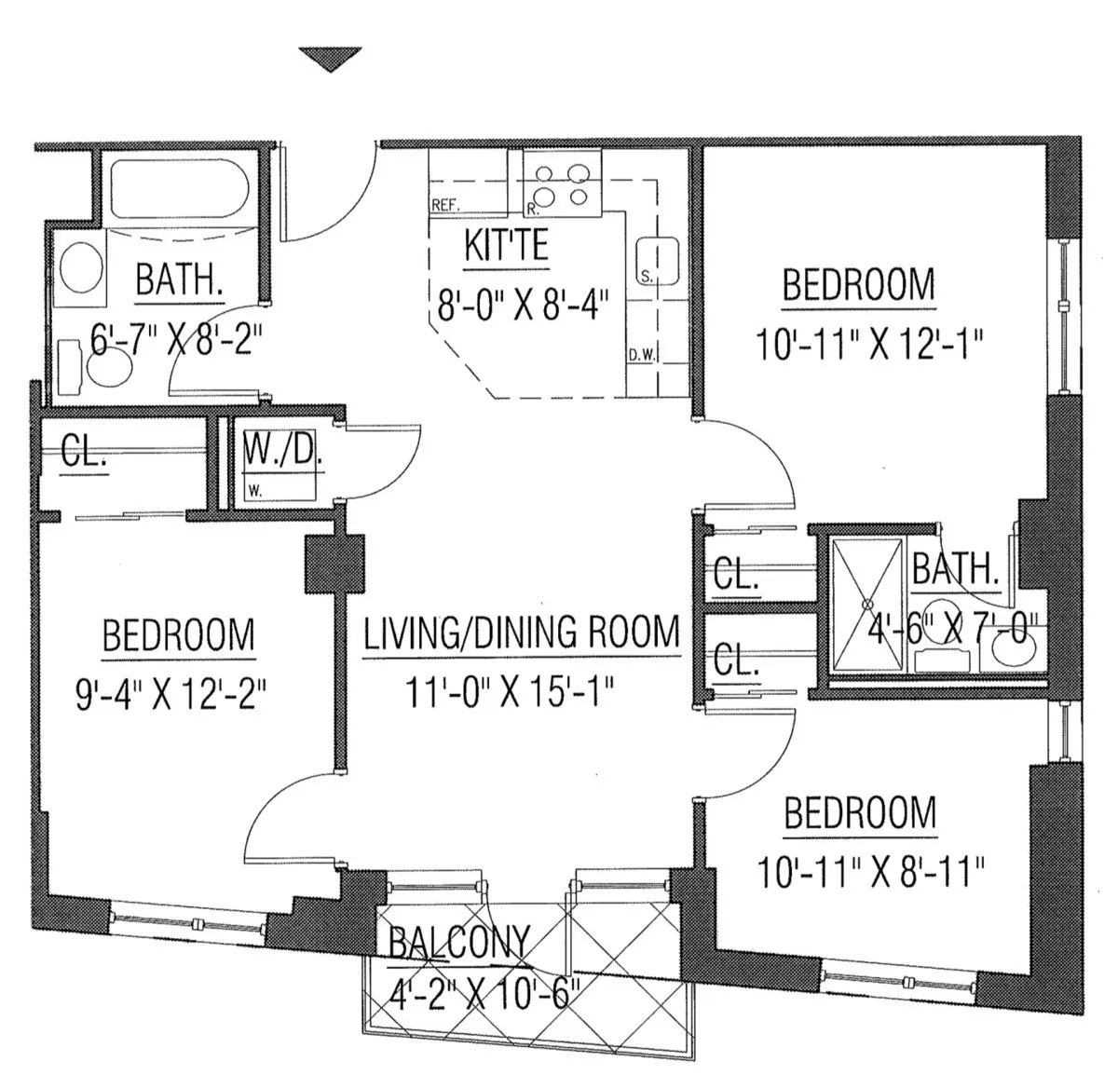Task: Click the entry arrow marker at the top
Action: click(x=330, y=59)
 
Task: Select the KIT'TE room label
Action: click(x=506, y=247)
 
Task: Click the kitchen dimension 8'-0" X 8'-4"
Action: click(x=523, y=304)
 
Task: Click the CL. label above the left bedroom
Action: click(x=84, y=452)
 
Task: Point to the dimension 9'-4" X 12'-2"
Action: click(x=171, y=694)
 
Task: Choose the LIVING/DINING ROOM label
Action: click(x=521, y=633)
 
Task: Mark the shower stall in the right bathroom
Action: click(x=866, y=603)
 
